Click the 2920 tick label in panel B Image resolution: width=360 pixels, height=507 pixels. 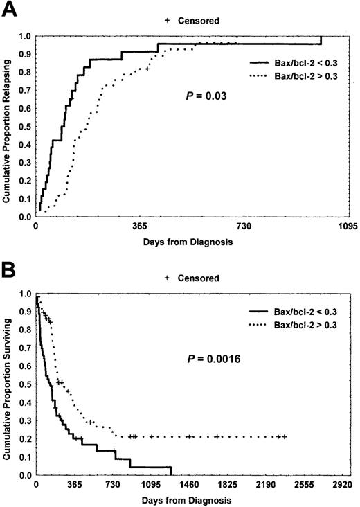click(x=344, y=486)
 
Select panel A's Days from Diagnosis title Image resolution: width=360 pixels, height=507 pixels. click(x=188, y=242)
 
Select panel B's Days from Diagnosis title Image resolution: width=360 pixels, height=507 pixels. click(x=188, y=499)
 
